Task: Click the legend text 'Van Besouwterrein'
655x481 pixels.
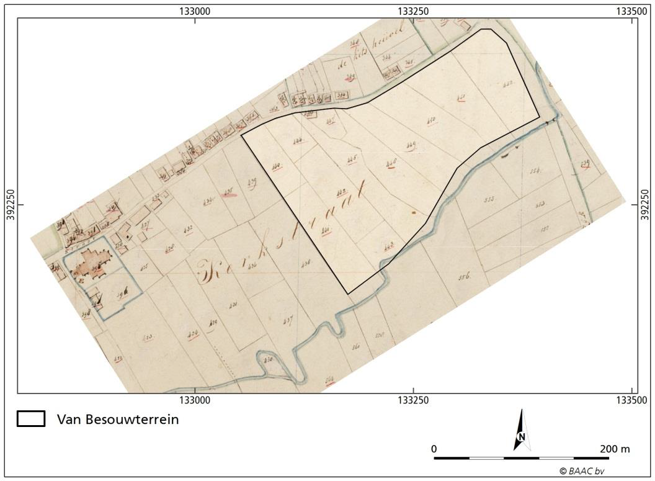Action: coord(118,420)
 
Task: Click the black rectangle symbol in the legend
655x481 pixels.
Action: coord(30,419)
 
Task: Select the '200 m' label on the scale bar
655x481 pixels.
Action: coord(615,449)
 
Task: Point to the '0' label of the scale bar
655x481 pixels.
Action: coord(434,449)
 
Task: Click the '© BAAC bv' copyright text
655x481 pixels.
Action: coord(582,471)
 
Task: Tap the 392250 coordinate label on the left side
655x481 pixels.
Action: coord(9,205)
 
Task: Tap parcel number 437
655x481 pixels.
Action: coord(287,320)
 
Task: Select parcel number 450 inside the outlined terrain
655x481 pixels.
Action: coord(432,120)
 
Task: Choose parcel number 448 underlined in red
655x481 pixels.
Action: coord(391,163)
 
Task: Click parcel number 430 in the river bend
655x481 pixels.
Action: coord(268,360)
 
